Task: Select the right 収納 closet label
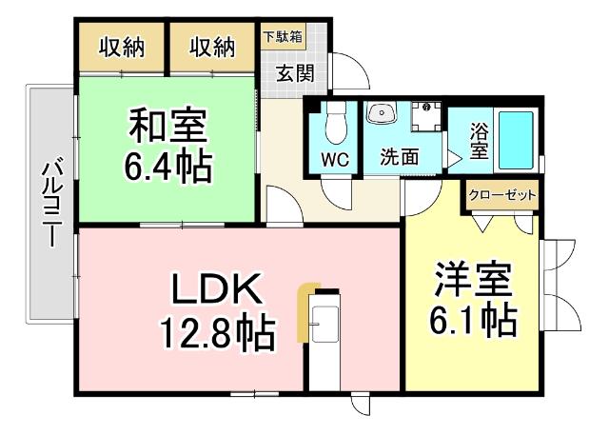(x=211, y=47)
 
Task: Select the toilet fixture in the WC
(x=333, y=125)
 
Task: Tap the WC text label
(x=333, y=157)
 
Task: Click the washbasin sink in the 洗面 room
(x=384, y=114)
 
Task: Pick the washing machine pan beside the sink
(x=425, y=117)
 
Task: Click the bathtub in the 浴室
(x=515, y=140)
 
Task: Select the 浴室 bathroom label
(x=478, y=139)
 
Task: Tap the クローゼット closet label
(x=502, y=195)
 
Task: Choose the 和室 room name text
(x=168, y=125)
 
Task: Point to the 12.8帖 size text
(x=217, y=332)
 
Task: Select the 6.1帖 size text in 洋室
(x=474, y=320)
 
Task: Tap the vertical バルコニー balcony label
(x=52, y=205)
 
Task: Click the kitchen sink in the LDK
(x=325, y=323)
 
